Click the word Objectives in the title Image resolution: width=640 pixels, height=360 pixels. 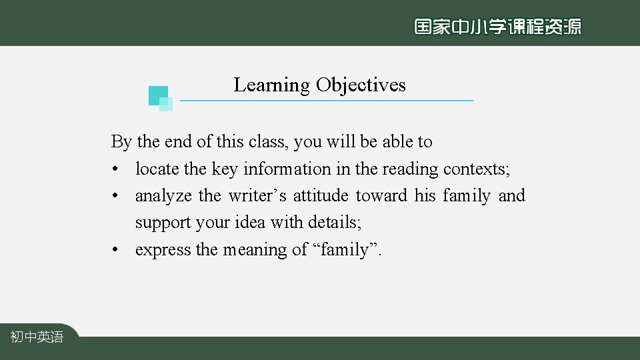pos(361,85)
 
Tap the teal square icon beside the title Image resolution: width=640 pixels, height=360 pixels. pos(160,97)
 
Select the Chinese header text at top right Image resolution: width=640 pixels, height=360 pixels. pos(497,27)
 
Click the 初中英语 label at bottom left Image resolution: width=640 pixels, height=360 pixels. pos(37,337)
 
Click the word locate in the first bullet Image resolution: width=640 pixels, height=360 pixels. pos(157,169)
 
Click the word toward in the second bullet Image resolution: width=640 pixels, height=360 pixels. pos(381,196)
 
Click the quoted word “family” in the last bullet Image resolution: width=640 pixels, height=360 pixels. pos(344,250)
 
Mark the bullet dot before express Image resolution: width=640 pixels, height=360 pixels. pos(115,251)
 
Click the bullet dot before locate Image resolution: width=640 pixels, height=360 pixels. pos(115,170)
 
